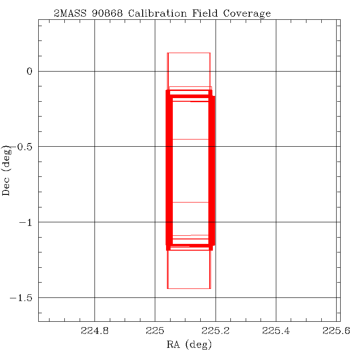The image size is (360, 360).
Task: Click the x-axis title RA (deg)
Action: click(189, 345)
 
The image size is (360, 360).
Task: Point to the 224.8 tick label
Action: click(94, 332)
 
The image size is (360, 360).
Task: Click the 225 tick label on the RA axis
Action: click(155, 332)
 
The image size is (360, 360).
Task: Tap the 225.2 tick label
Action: click(216, 332)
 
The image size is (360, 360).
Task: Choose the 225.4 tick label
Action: click(276, 332)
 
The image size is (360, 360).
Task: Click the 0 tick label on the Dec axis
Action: click(30, 71)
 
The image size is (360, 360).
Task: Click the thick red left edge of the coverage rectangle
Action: click(169, 171)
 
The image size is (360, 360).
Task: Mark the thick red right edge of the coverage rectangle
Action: click(211, 171)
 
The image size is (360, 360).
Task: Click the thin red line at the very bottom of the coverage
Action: click(189, 288)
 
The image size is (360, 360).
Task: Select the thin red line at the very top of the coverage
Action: click(189, 53)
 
